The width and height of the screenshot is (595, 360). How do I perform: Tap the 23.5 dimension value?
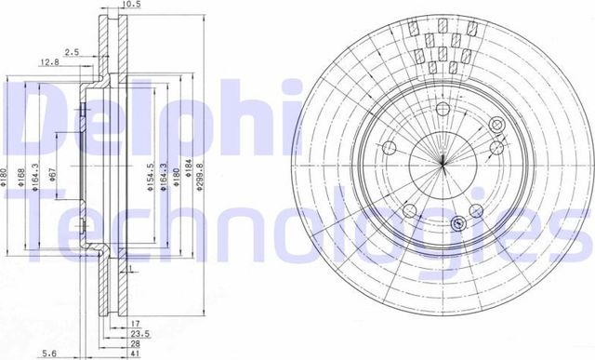pos(140,333)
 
